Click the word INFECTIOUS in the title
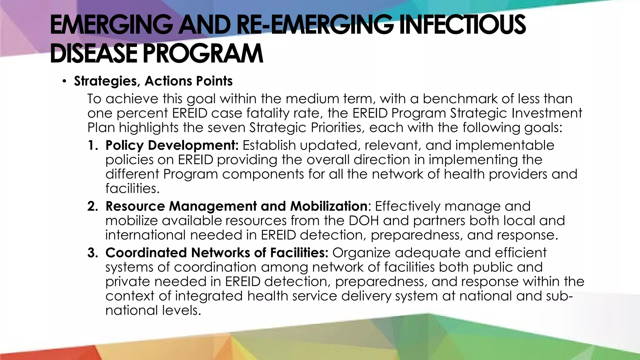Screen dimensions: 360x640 click(x=462, y=25)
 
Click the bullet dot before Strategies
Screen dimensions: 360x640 click(x=64, y=82)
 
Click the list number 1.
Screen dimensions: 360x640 click(x=92, y=146)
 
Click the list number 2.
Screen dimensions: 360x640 click(x=92, y=207)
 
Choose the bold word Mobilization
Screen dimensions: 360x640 click(x=328, y=206)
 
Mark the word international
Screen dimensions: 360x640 click(x=145, y=235)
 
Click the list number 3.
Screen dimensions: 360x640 click(x=92, y=253)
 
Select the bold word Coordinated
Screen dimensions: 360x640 click(x=146, y=253)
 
